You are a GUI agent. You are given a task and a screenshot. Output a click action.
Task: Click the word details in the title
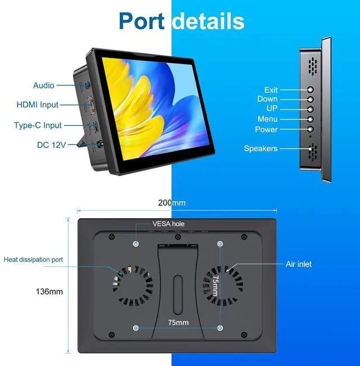pyautogui.click(x=208, y=21)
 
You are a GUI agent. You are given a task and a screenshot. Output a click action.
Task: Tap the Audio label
pyautogui.click(x=44, y=85)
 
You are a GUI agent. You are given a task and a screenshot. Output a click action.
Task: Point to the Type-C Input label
pyautogui.click(x=38, y=125)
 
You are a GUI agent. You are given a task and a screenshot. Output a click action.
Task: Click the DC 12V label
pyautogui.click(x=52, y=145)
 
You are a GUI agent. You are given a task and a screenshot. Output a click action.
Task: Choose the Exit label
pyautogui.click(x=271, y=90)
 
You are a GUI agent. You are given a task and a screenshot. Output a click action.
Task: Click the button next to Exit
pyautogui.click(x=310, y=89)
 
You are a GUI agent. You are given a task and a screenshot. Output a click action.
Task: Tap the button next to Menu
pyautogui.click(x=310, y=119)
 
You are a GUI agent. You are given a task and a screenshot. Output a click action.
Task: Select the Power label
pyautogui.click(x=267, y=129)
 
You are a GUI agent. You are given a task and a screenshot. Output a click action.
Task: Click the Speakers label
pyautogui.click(x=260, y=148)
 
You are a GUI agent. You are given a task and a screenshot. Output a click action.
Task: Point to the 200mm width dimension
pyautogui.click(x=172, y=203)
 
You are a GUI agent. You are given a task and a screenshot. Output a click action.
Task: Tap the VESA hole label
pyautogui.click(x=169, y=223)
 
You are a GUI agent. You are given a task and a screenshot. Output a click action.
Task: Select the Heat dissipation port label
pyautogui.click(x=33, y=260)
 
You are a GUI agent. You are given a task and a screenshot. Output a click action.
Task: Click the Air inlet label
pyautogui.click(x=298, y=264)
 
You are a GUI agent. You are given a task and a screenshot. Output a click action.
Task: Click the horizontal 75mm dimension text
pyautogui.click(x=178, y=323)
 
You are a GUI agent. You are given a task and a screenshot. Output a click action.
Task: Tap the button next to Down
pyautogui.click(x=310, y=100)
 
